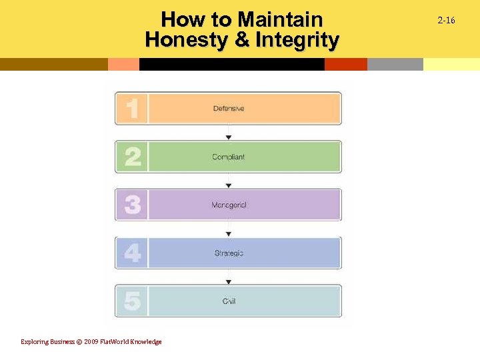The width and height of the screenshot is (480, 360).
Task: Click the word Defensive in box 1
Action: (x=229, y=109)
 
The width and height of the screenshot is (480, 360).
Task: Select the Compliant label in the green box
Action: (x=229, y=157)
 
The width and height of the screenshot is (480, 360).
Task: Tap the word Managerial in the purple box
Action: (x=229, y=205)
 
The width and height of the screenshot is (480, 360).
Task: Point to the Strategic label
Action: (x=229, y=253)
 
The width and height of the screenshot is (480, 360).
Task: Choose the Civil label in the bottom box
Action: (x=229, y=301)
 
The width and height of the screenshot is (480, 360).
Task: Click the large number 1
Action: (x=132, y=109)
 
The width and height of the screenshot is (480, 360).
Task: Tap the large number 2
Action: (x=132, y=157)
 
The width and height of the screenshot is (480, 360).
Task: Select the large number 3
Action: (x=132, y=205)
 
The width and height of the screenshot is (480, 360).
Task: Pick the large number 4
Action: (x=132, y=253)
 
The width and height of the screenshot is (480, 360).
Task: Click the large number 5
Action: (x=132, y=301)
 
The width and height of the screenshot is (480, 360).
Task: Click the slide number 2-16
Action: (x=446, y=21)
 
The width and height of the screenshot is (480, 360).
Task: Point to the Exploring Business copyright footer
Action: (x=91, y=342)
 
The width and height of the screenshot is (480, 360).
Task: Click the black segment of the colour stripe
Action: (x=231, y=64)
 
